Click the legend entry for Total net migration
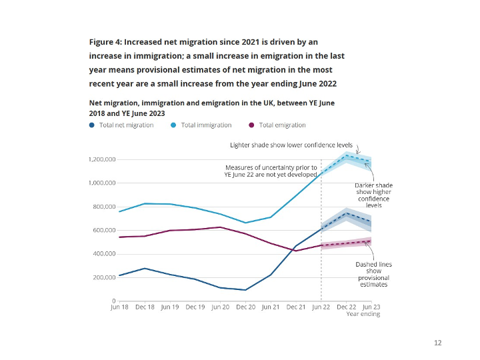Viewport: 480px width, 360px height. tap(126, 125)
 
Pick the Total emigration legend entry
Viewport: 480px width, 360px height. tap(282, 125)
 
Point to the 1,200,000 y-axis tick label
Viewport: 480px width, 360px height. tap(102, 159)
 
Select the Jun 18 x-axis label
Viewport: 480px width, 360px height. tap(120, 307)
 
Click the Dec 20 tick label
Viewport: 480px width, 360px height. tap(245, 307)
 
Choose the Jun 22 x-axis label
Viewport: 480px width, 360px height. tap(321, 307)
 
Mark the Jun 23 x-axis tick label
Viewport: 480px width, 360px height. tap(371, 307)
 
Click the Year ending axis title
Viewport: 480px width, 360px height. tap(363, 314)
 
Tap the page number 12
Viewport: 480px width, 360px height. tap(437, 343)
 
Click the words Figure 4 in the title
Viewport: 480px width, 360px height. tap(108, 42)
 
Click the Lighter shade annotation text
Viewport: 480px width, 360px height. tap(291, 144)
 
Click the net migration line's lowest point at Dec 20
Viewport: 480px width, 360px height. tap(245, 290)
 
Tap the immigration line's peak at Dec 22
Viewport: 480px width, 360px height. tap(347, 155)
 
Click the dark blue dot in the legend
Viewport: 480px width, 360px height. tap(92, 125)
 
